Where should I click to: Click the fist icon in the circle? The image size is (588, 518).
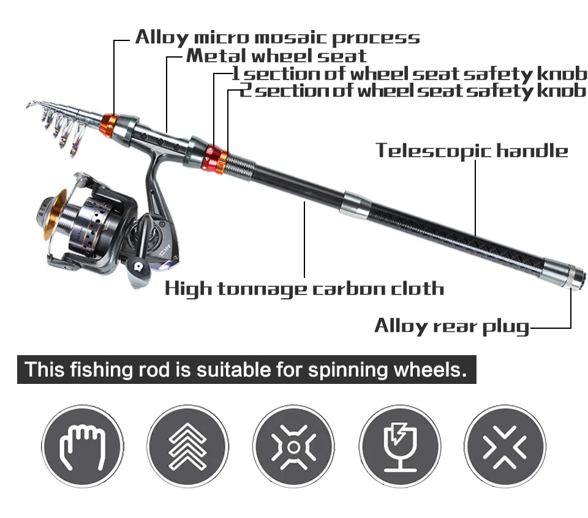(82, 445)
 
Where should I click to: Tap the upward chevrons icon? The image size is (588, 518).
(188, 445)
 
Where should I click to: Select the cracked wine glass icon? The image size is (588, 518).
(399, 445)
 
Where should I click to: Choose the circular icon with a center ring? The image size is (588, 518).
(293, 445)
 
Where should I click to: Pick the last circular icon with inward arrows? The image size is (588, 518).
(505, 445)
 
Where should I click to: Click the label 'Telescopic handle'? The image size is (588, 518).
(472, 150)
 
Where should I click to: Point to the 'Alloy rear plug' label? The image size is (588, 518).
(451, 325)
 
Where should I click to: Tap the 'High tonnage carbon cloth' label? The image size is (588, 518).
(304, 288)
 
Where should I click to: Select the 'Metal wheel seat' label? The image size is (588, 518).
(276, 56)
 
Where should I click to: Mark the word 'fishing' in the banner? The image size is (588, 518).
(100, 370)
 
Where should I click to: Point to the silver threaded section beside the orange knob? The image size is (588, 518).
(241, 165)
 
